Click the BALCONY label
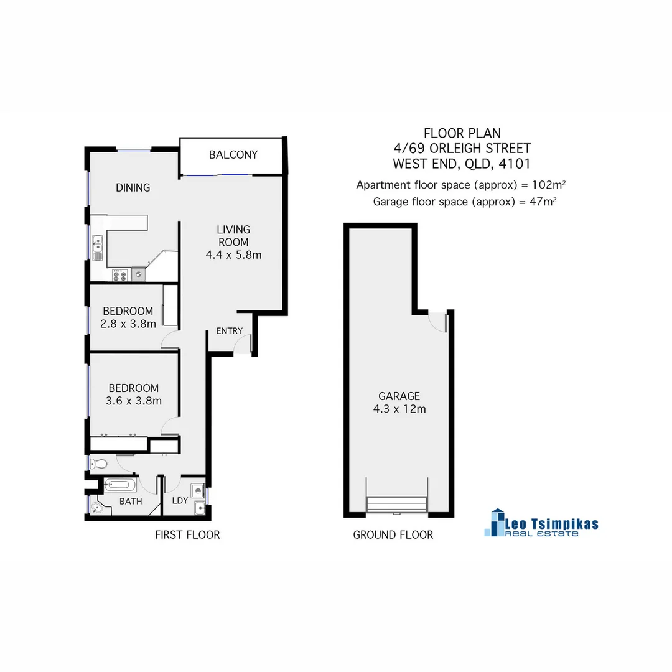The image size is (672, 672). (233, 154)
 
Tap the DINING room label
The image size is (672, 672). (133, 187)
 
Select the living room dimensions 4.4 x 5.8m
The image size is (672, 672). (233, 254)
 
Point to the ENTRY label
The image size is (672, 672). (229, 331)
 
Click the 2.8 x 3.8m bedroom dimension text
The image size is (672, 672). (128, 324)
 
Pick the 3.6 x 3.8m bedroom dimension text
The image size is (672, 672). (134, 401)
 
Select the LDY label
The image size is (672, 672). (179, 501)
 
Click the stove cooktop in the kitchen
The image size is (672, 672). (120, 274)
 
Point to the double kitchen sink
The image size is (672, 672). (98, 248)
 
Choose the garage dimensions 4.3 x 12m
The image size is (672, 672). (399, 409)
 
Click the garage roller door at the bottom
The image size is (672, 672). (397, 504)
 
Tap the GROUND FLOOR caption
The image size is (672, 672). (393, 534)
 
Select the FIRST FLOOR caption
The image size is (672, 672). (187, 534)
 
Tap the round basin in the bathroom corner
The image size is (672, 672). (96, 508)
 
